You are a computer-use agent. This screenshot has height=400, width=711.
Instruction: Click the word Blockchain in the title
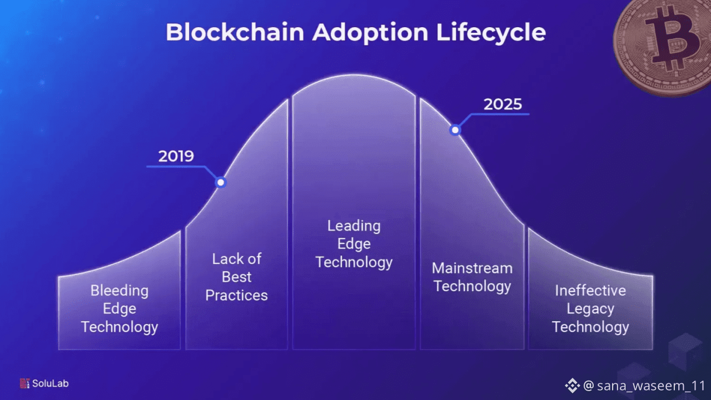tap(235, 32)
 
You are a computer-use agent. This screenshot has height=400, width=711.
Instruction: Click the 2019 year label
tap(176, 156)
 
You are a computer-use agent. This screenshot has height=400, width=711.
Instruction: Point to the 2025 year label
tap(503, 104)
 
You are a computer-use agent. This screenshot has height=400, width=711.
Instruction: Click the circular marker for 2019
tap(221, 182)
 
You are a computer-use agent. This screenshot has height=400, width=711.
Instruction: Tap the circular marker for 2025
tap(455, 130)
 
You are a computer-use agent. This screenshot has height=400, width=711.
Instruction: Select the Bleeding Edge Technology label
tap(120, 309)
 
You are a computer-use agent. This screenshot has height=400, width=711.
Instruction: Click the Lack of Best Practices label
tap(236, 277)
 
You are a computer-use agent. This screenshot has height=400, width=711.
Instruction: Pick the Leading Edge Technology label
tap(354, 244)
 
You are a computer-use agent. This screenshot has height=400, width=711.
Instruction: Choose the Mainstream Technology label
tap(473, 277)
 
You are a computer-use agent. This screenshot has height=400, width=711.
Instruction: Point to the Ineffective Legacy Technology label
tap(590, 309)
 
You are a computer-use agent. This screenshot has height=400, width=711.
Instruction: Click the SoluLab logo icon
tap(25, 383)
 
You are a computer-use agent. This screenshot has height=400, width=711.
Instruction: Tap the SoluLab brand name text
tap(51, 383)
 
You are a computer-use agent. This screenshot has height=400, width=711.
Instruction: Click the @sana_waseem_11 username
tap(644, 386)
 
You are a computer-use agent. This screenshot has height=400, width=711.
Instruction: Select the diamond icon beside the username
tap(573, 386)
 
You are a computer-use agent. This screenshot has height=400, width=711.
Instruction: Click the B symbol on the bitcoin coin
tap(673, 38)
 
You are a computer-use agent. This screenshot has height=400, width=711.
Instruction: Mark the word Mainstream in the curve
tap(473, 268)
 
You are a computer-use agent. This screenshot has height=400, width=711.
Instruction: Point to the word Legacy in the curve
tap(590, 309)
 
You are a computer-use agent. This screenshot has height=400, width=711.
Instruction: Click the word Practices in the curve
tap(236, 296)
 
